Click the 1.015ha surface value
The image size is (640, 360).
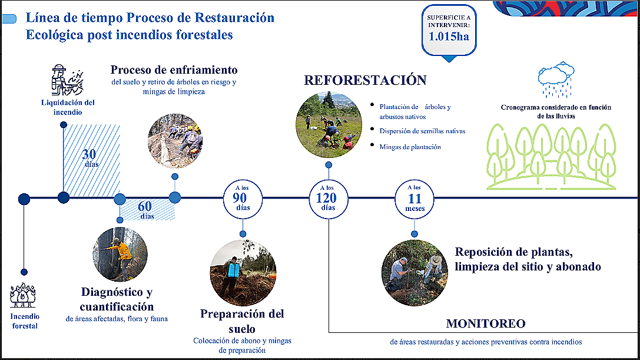point(449,37)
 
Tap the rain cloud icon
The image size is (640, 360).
point(556,80)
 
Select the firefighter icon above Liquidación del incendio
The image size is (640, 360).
point(67,80)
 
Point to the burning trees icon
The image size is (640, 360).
point(23,295)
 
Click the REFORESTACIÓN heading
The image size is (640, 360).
point(365,80)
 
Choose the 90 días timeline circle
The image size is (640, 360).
point(243,199)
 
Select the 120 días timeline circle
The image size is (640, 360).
point(328,199)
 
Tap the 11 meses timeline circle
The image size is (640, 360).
point(414,199)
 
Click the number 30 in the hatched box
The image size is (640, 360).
point(89,154)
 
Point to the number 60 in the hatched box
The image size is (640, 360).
point(145,206)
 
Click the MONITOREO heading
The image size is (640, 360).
point(486,323)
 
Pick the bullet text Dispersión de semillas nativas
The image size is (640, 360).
point(423,131)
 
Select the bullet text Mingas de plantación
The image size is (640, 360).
point(410,147)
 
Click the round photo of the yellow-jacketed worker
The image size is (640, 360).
point(120,254)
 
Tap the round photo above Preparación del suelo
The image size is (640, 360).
point(243,273)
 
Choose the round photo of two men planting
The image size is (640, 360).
point(414,273)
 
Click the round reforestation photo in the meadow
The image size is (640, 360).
point(329,125)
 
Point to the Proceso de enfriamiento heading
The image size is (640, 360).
point(174,70)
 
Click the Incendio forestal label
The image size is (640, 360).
point(25,321)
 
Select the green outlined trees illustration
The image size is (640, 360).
point(552,157)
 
